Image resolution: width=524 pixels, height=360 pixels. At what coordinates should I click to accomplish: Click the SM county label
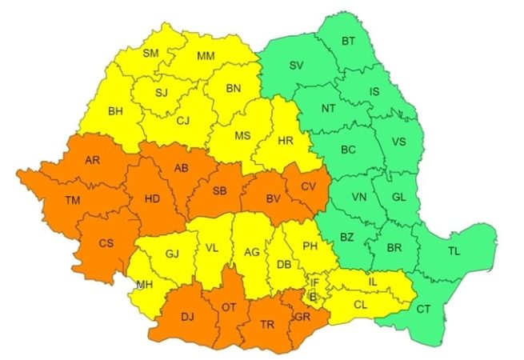[x=150, y=54]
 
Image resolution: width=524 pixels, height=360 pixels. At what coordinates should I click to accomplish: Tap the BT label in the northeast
[x=349, y=41]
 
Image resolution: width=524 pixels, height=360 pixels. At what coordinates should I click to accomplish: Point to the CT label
[x=423, y=309]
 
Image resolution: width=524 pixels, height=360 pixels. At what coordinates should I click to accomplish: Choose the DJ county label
[x=187, y=318]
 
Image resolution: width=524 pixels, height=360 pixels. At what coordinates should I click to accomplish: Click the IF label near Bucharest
[x=315, y=282]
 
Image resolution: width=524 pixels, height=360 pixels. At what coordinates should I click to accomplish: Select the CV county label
[x=309, y=186]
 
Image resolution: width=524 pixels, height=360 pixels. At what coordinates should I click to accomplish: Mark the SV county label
[x=297, y=65]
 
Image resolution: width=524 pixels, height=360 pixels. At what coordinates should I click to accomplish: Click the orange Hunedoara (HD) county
[x=154, y=196]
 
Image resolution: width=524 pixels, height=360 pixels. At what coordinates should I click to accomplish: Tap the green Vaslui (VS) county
[x=399, y=142]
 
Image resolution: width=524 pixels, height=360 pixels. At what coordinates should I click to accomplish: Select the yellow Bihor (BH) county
[x=116, y=111]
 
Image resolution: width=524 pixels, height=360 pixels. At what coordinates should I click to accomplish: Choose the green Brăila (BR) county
[x=393, y=248]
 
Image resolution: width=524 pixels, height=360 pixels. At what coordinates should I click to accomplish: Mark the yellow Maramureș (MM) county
[x=206, y=56]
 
